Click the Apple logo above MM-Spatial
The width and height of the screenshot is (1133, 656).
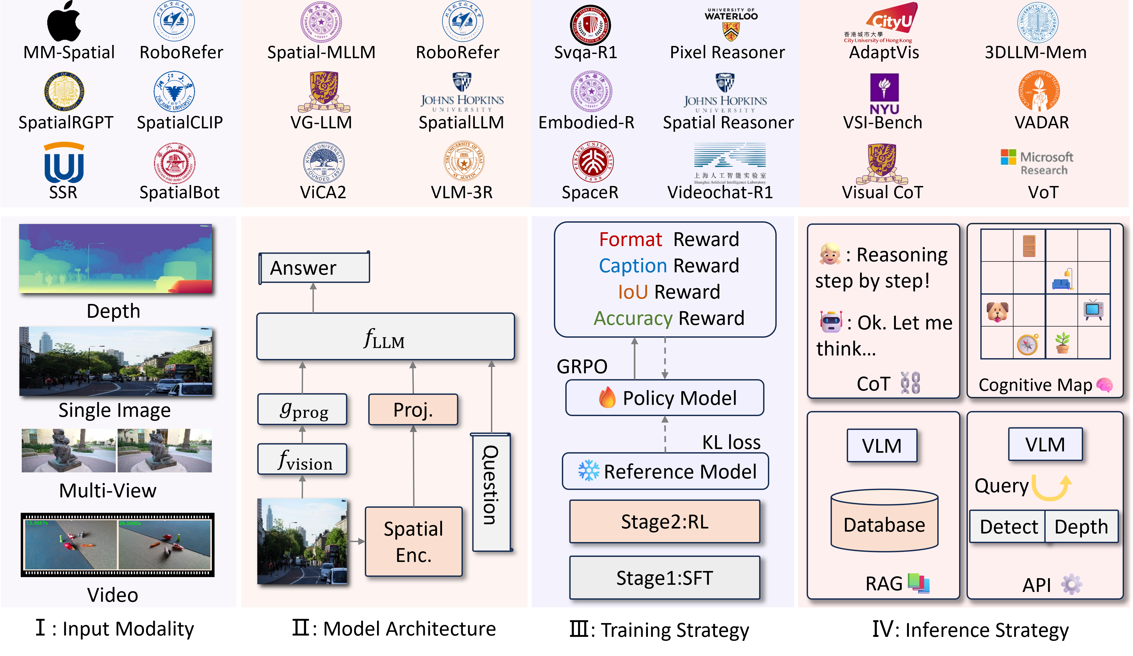click(64, 21)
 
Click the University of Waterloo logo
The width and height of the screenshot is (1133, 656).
click(731, 25)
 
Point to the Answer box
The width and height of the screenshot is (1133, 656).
click(314, 268)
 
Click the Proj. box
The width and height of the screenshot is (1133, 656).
click(413, 409)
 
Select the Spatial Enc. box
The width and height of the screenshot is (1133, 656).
click(413, 542)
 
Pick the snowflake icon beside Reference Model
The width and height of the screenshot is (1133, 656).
click(588, 471)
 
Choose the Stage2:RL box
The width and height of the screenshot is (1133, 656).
click(665, 522)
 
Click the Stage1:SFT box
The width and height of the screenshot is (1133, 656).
click(665, 578)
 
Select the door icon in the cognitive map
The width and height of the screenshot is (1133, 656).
click(1029, 246)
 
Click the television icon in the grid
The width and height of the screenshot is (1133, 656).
click(1093, 310)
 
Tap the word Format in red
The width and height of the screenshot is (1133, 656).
click(630, 239)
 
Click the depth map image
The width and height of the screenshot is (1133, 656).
click(116, 259)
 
